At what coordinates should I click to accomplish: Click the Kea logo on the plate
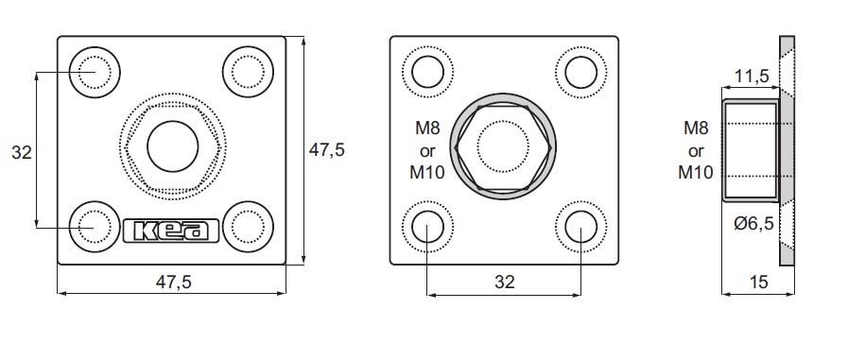click(x=171, y=231)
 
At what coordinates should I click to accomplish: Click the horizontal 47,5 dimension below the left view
click(x=174, y=282)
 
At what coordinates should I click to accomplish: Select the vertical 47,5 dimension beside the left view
click(x=326, y=149)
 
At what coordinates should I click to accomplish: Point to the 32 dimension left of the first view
click(x=22, y=152)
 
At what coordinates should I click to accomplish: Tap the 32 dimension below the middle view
click(x=505, y=282)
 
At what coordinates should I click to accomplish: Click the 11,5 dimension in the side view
click(x=752, y=77)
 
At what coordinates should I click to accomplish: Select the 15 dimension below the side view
click(x=759, y=282)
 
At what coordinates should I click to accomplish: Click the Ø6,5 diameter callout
click(x=753, y=222)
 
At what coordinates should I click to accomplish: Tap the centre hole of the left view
click(x=172, y=146)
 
